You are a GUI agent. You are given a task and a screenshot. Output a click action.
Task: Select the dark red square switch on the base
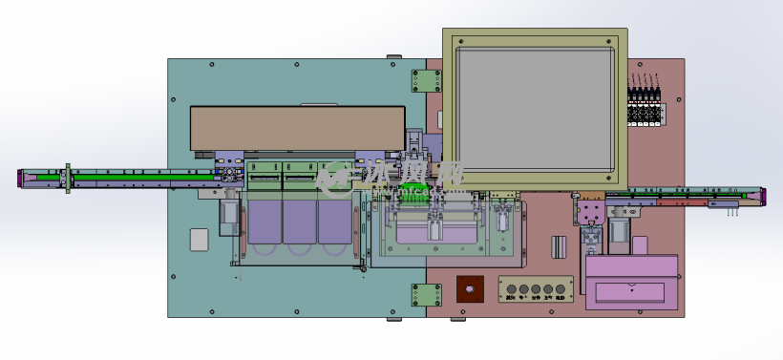coord(469,289)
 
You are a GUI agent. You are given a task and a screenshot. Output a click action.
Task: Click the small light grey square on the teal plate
coord(199,239)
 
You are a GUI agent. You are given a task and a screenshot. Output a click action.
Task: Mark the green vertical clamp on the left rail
coord(68,178)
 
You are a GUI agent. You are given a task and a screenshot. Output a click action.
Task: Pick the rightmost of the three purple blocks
coord(333,221)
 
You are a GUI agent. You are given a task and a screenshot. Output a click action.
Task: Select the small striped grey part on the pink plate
coord(559,245)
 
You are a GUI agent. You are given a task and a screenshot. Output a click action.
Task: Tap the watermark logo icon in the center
coord(334,176)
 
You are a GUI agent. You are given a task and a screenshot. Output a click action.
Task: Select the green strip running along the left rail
coord(143,176)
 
